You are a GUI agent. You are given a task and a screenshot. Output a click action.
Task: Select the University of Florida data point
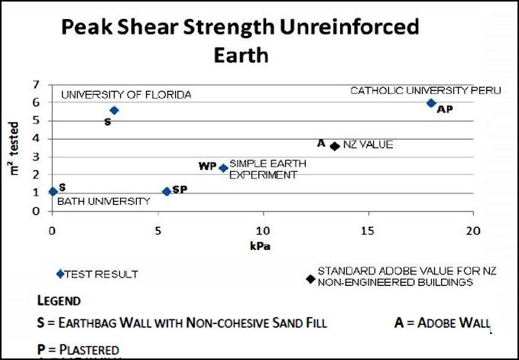(114, 110)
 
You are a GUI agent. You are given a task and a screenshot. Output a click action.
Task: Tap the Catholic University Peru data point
(431, 103)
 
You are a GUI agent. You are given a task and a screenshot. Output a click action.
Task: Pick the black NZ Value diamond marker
(335, 146)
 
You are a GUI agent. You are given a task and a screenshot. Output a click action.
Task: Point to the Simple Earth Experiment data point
(223, 168)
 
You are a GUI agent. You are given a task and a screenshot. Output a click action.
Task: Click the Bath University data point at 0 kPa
(52, 192)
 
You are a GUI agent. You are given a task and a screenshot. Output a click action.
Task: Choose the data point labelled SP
(167, 191)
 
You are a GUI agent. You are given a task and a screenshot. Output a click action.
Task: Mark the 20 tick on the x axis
(473, 229)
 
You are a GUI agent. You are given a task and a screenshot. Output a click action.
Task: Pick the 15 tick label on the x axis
(368, 229)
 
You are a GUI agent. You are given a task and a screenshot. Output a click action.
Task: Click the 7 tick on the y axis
(35, 84)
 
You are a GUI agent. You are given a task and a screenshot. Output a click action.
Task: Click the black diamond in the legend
(310, 278)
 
